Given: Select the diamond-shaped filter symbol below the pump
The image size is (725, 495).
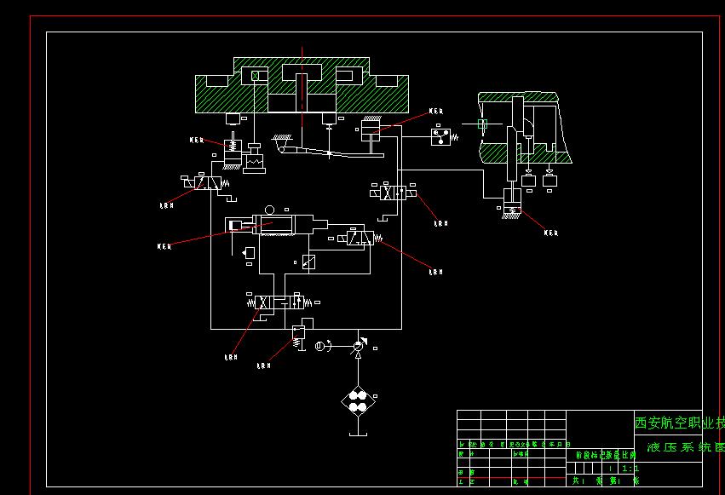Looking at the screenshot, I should (357, 401).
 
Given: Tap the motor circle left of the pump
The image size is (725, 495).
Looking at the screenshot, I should (320, 346).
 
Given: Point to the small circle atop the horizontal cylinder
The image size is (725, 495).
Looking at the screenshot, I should (270, 210).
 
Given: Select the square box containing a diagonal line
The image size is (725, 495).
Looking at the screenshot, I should (309, 262).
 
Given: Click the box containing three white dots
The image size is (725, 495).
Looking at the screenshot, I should (440, 135).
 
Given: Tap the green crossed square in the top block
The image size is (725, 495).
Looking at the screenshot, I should (255, 77).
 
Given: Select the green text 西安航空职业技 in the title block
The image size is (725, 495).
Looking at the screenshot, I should (679, 423).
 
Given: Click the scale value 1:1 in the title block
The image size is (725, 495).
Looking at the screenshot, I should (630, 468).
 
